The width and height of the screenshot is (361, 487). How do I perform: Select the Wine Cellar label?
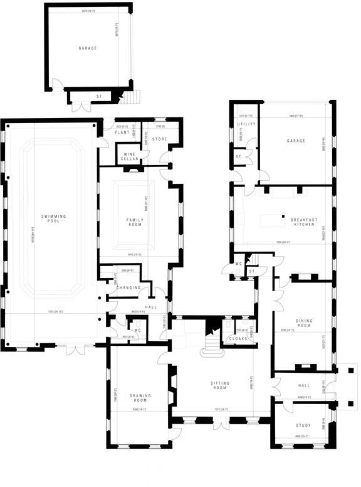[130, 156]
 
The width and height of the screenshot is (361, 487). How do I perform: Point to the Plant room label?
[122, 133]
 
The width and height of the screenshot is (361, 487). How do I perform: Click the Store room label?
[159, 138]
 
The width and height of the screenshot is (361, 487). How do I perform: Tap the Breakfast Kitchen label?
[304, 222]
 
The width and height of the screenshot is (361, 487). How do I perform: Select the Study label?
[304, 425]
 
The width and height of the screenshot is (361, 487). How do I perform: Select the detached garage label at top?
[88, 48]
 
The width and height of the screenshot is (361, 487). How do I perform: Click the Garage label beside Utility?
[296, 141]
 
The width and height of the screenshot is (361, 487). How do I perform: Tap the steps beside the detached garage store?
[132, 97]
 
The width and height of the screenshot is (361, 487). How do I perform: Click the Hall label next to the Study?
[304, 385]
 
